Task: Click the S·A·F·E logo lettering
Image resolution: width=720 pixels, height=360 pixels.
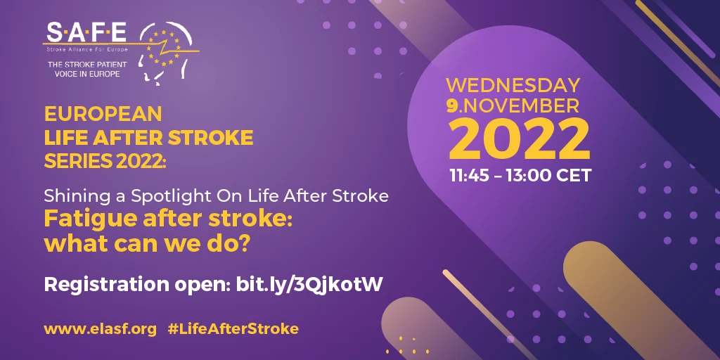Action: (86, 32)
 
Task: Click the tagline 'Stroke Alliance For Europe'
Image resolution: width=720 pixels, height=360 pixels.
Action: (86, 49)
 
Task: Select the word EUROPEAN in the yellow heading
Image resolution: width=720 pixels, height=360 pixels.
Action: (103, 114)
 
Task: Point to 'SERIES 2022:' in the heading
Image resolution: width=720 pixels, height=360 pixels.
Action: (105, 160)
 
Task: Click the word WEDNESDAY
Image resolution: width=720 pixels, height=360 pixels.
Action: (513, 85)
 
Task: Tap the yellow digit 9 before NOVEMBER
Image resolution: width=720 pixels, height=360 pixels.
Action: (452, 106)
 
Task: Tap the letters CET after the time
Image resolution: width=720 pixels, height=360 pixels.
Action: (574, 175)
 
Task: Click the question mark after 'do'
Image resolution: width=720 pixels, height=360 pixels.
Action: (244, 244)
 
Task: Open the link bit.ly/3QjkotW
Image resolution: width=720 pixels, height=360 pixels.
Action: (309, 285)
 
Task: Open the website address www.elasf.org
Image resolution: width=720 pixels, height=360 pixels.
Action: (101, 329)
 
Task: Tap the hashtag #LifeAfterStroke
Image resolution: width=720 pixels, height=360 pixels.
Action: (233, 329)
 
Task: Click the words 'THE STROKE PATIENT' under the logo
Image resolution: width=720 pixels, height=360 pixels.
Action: (87, 65)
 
